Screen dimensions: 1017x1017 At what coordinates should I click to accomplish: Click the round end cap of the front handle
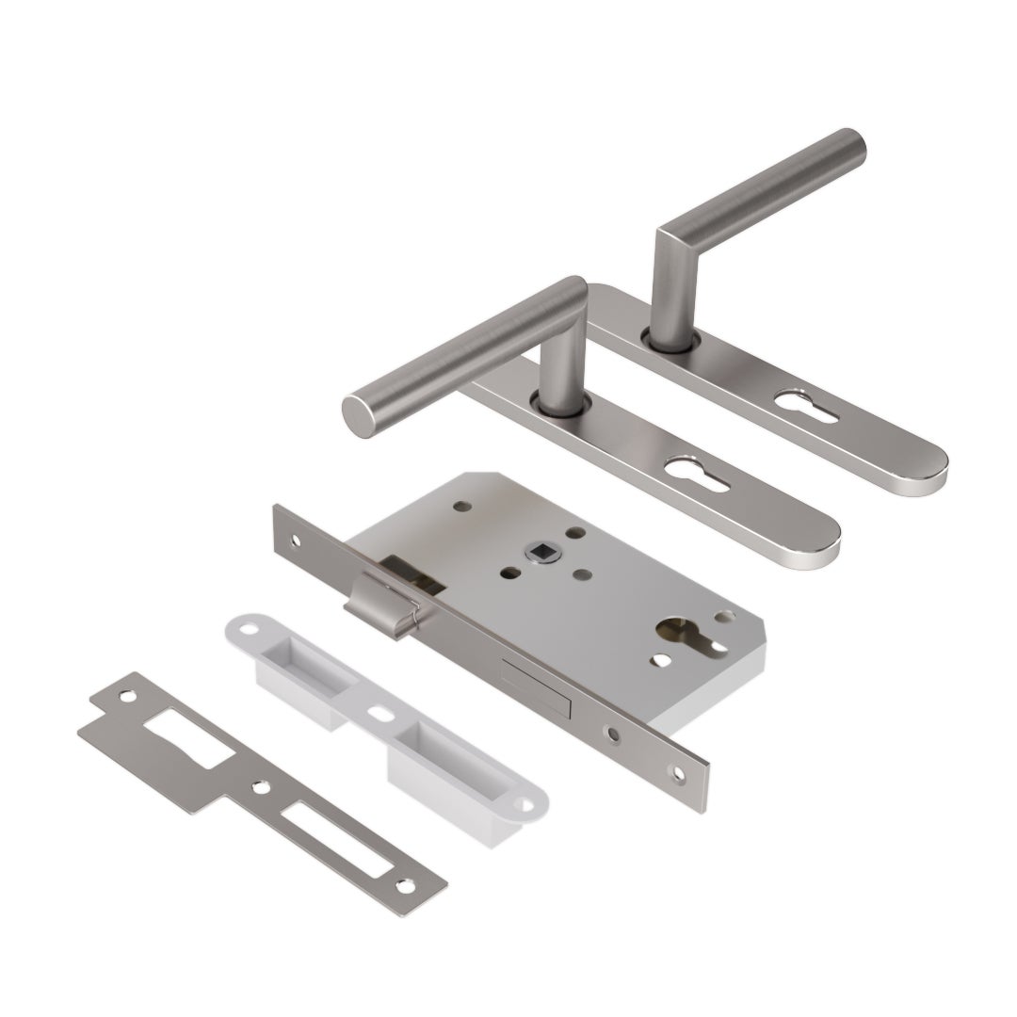click(x=359, y=416)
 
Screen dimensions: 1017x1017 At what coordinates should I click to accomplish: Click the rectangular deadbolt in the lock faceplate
click(x=537, y=681)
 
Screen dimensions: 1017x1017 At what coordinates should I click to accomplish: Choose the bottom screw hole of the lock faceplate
click(x=677, y=774)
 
